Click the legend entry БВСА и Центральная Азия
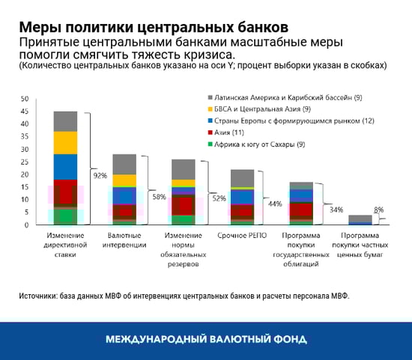click(263, 110)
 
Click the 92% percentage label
click(100, 176)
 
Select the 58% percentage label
click(160, 196)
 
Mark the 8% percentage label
click(379, 210)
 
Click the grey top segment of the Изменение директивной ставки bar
click(65, 120)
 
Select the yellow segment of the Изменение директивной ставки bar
click(65, 142)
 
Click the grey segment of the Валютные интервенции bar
click(124, 164)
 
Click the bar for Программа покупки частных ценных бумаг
click(360, 219)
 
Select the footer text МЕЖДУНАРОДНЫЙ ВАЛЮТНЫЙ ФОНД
click(205, 339)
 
